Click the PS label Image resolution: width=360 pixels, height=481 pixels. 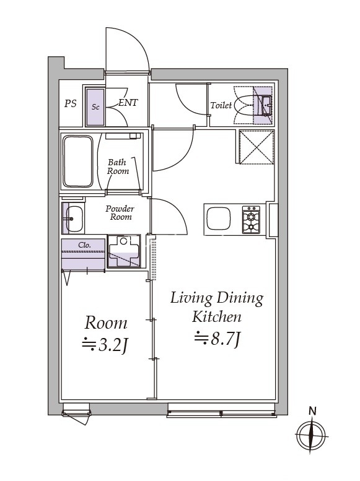coord(71,104)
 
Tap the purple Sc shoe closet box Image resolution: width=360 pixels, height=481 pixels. coord(95,106)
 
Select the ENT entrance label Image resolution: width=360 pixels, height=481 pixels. coord(128,103)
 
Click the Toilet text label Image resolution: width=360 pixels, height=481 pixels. coord(221,105)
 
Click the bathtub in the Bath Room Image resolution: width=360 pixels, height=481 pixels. coord(78,162)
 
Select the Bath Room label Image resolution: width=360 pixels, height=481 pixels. coord(118,167)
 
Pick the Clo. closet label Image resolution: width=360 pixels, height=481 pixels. coord(85,245)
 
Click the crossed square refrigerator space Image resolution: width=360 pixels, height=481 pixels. coord(255,147)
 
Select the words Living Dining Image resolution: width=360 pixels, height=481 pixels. coord(217,298)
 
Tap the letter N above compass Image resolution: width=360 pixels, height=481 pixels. coord(313,410)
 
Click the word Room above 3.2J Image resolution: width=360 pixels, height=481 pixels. coord(106,323)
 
